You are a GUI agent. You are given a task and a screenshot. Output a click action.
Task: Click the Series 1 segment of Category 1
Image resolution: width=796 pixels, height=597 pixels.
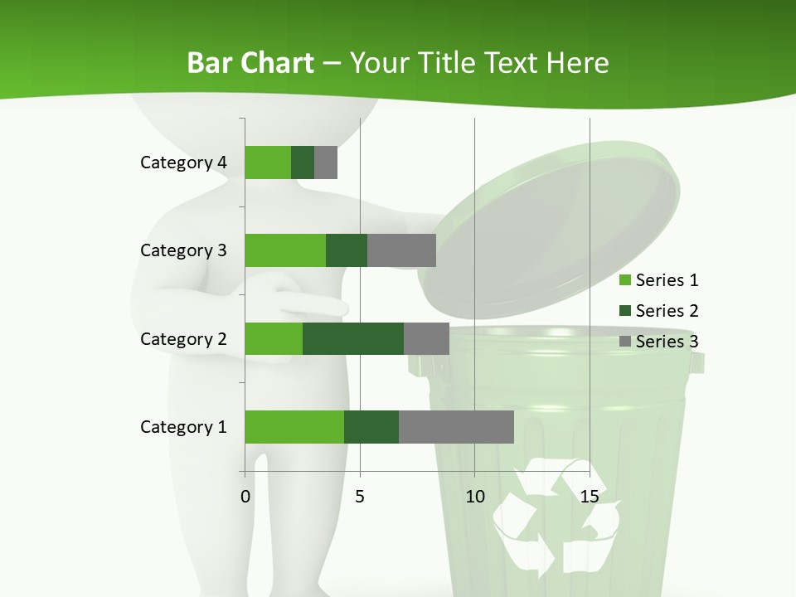(294, 427)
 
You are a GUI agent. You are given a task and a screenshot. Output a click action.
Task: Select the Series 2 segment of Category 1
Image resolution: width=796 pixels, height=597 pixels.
(371, 427)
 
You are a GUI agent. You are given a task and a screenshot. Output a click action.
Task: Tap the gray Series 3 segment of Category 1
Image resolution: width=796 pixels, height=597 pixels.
(456, 427)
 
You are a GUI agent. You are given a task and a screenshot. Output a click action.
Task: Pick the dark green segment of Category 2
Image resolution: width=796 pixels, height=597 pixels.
(353, 338)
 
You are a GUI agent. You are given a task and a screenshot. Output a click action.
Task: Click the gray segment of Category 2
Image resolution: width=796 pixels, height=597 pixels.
(426, 338)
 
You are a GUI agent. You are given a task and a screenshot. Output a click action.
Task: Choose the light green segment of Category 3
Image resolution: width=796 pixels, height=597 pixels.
(285, 250)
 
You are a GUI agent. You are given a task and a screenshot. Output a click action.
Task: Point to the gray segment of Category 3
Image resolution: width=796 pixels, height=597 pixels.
(401, 250)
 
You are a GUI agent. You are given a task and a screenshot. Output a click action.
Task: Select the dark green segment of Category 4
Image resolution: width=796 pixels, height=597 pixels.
(303, 163)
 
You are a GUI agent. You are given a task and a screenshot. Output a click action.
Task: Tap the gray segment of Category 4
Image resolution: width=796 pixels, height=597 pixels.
(326, 163)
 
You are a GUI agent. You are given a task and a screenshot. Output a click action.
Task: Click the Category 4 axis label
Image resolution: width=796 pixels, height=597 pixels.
(183, 163)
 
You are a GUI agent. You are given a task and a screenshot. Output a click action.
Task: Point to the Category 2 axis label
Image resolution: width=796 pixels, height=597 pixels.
(183, 338)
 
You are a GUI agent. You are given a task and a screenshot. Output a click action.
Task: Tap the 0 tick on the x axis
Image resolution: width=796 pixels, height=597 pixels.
(245, 497)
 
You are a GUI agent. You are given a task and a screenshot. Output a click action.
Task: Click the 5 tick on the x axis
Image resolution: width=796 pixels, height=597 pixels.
(360, 497)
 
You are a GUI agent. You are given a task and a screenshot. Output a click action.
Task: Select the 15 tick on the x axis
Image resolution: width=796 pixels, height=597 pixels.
(590, 497)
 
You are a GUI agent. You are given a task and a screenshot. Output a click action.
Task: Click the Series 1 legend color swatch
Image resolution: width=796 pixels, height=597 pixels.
(625, 280)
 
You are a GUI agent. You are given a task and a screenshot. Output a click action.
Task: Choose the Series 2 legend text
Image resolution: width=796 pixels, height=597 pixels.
(667, 311)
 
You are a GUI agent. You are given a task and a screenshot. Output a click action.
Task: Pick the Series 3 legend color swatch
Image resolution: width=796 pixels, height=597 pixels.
(625, 342)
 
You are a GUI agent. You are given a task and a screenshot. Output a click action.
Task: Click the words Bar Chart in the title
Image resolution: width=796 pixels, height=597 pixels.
(250, 63)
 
